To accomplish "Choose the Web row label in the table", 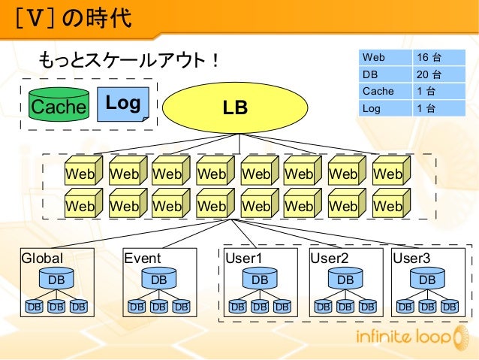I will (x=374, y=58).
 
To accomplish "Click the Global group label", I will (x=42, y=259).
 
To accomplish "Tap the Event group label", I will (x=143, y=259).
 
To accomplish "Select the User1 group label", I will (x=245, y=259).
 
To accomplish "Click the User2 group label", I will (x=330, y=259).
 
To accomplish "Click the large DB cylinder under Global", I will (x=56, y=280).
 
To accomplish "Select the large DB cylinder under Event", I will (x=158, y=280).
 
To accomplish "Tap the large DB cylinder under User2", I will (x=345, y=280).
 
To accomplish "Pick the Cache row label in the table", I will (x=378, y=91).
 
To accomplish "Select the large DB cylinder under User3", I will (x=427, y=280).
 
